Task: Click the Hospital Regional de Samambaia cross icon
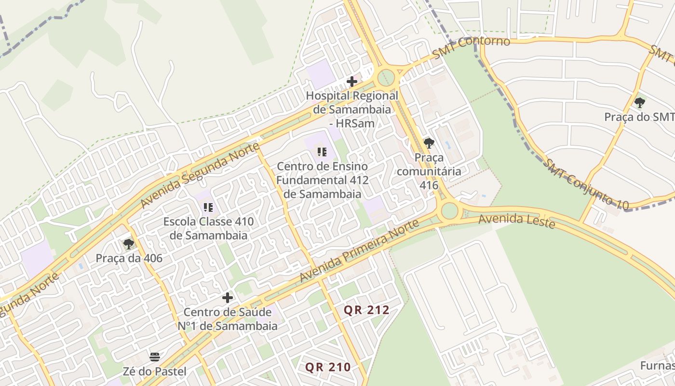pyautogui.click(x=352, y=82)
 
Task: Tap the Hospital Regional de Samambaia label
pyautogui.click(x=352, y=110)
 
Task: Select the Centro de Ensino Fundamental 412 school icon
pyautogui.click(x=322, y=152)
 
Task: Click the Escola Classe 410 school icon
pyautogui.click(x=208, y=208)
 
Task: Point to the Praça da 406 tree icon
pyautogui.click(x=129, y=244)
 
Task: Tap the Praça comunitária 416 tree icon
pyautogui.click(x=429, y=143)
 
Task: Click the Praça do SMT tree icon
pyautogui.click(x=640, y=102)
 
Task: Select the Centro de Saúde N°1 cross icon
pyautogui.click(x=228, y=298)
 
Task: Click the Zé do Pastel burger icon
pyautogui.click(x=155, y=357)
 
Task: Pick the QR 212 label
pyautogui.click(x=366, y=310)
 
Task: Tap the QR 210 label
pyautogui.click(x=328, y=367)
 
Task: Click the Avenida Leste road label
pyautogui.click(x=516, y=221)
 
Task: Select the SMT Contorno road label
pyautogui.click(x=471, y=47)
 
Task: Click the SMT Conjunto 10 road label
pyautogui.click(x=586, y=185)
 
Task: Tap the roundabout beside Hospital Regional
pyautogui.click(x=386, y=77)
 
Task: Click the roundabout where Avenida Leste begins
pyautogui.click(x=449, y=211)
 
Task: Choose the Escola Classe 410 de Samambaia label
pyautogui.click(x=208, y=229)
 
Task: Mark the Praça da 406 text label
pyautogui.click(x=129, y=258)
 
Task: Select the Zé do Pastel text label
pyautogui.click(x=155, y=371)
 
